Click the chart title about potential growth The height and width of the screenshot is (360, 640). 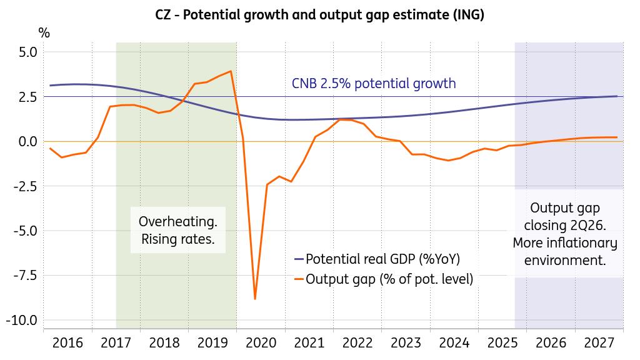click(320, 15)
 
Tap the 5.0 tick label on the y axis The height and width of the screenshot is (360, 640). click(26, 52)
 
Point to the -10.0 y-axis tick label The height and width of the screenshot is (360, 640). click(22, 320)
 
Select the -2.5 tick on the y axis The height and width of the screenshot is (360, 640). click(25, 186)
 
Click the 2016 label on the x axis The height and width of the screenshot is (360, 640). click(67, 342)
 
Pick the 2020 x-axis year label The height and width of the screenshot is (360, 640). click(261, 342)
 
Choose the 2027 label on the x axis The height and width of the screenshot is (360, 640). click(599, 342)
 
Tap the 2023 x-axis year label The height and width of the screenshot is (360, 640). click(406, 342)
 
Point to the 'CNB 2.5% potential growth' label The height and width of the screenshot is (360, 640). click(374, 84)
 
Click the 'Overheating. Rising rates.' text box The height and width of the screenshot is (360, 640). click(178, 230)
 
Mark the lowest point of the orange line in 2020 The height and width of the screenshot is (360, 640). click(255, 299)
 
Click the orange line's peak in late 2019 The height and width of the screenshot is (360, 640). click(231, 71)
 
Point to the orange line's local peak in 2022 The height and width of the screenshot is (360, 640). click(341, 119)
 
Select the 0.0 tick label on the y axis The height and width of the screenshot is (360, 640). click(26, 141)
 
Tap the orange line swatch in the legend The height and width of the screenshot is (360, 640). click(298, 279)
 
